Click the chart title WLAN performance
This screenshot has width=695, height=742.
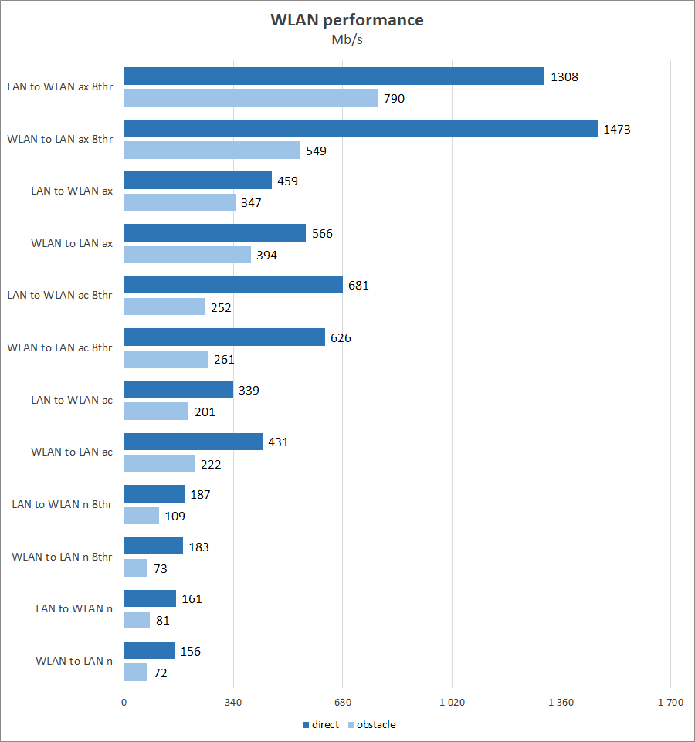[x=347, y=20]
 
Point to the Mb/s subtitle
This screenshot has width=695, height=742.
[x=347, y=40]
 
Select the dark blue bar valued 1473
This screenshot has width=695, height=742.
[x=361, y=129]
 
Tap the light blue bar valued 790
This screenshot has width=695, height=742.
[x=250, y=98]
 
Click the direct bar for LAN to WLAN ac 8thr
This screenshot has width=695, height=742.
[x=233, y=286]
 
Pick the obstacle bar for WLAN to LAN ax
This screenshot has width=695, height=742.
[x=188, y=255]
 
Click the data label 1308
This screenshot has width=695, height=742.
[x=564, y=77]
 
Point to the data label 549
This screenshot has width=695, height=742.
[x=316, y=151]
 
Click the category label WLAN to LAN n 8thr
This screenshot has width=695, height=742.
[x=63, y=557]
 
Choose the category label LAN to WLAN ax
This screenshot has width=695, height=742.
[x=72, y=191]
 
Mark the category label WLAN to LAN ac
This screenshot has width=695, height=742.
[x=72, y=452]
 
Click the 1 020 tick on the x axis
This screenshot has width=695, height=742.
[x=452, y=703]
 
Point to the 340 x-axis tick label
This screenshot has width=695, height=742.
[x=233, y=703]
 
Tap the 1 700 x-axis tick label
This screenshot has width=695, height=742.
[x=670, y=703]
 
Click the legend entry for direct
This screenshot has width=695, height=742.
[x=320, y=725]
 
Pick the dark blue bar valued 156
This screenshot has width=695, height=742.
[x=149, y=651]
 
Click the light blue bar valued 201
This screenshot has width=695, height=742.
[x=156, y=412]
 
